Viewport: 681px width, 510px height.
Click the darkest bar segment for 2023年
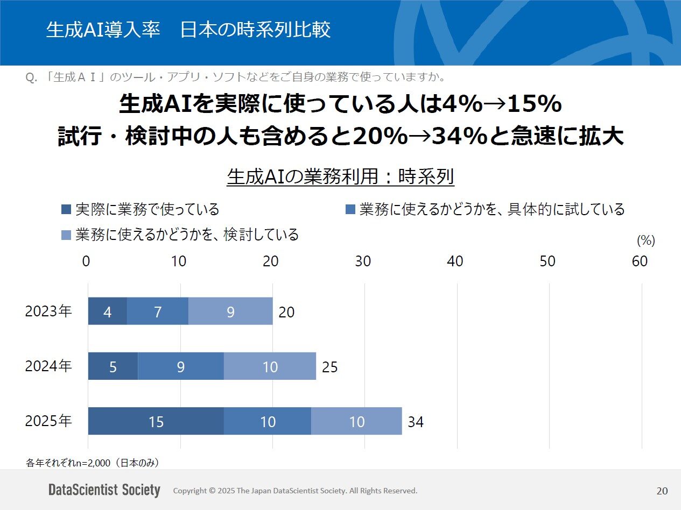point(108,311)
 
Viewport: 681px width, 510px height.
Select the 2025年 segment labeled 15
point(156,421)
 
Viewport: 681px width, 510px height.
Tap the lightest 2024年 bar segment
point(270,366)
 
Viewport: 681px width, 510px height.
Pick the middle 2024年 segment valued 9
point(181,366)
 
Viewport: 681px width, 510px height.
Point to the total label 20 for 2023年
point(286,312)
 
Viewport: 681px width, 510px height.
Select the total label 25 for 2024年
point(329,367)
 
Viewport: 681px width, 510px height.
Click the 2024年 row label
point(48,366)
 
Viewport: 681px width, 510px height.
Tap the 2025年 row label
point(48,421)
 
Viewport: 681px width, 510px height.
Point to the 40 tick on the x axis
point(455,261)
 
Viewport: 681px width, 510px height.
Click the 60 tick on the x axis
point(640,261)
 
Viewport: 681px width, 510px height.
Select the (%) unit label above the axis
point(645,240)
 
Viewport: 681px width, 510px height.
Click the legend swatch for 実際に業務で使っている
point(67,209)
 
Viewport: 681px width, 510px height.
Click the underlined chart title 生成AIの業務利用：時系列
point(341,177)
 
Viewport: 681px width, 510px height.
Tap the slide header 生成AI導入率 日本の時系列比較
point(188,30)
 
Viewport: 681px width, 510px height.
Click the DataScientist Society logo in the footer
point(104,490)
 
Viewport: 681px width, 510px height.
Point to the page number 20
point(662,491)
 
